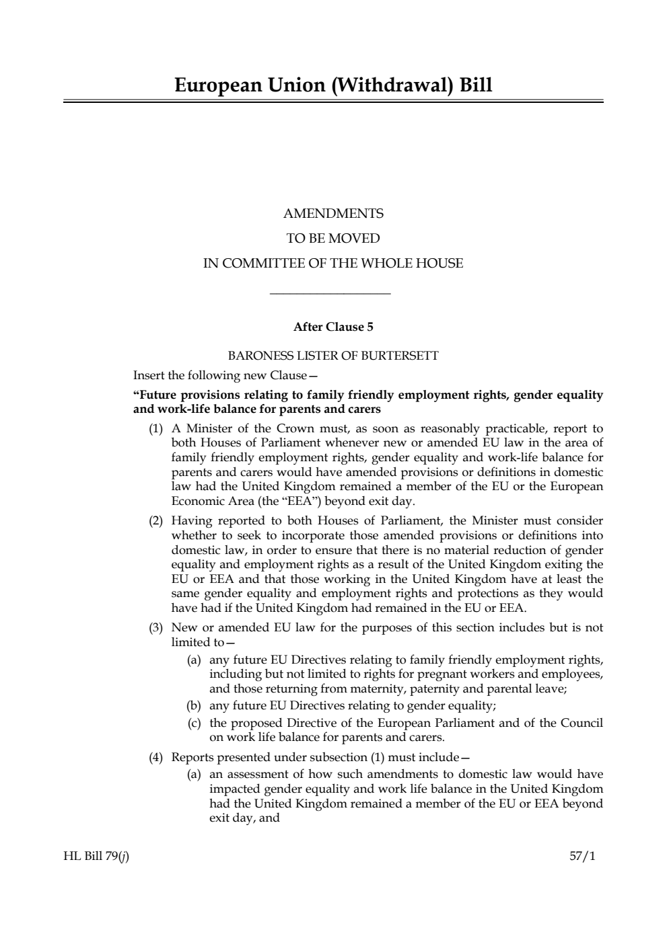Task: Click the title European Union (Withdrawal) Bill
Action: click(x=333, y=85)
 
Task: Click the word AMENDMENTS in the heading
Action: click(x=333, y=214)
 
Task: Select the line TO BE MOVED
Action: click(x=333, y=239)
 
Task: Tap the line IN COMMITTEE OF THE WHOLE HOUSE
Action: click(x=333, y=264)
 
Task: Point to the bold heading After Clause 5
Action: click(x=333, y=327)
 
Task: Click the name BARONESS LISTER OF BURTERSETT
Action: click(x=333, y=356)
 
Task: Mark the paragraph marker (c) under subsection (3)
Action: click(x=195, y=723)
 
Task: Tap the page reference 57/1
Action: click(x=583, y=856)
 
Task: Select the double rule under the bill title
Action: click(x=333, y=102)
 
